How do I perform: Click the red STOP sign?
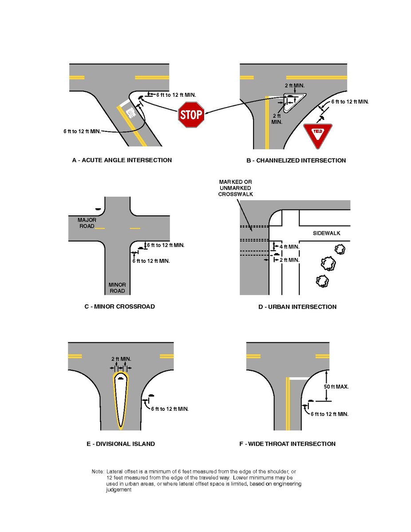191,115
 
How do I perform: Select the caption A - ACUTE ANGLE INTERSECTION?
122,160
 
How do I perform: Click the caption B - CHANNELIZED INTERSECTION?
296,160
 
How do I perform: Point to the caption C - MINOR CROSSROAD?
119,306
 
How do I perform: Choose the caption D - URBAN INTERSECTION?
297,307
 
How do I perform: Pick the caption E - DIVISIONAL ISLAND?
121,444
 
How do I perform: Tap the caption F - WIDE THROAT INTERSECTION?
287,444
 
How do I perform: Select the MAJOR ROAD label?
87,223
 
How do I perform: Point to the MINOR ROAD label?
117,288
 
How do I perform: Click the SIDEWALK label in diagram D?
326,233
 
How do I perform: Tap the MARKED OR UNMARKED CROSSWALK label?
235,188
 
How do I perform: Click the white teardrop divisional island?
120,400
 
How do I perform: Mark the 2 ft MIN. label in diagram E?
121,359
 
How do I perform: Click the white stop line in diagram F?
299,378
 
